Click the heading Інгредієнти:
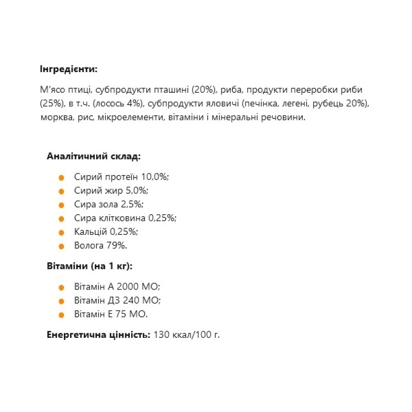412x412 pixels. (x=67, y=69)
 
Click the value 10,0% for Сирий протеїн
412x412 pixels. (x=155, y=177)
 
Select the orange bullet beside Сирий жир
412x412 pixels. (x=62, y=191)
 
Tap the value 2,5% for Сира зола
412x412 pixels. (x=132, y=204)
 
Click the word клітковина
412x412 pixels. (x=121, y=218)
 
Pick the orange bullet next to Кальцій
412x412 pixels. (x=62, y=232)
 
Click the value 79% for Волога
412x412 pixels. (x=116, y=246)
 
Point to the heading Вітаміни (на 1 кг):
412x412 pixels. (x=90, y=266)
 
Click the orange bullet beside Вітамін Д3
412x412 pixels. (x=62, y=301)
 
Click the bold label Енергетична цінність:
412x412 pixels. (x=98, y=335)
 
